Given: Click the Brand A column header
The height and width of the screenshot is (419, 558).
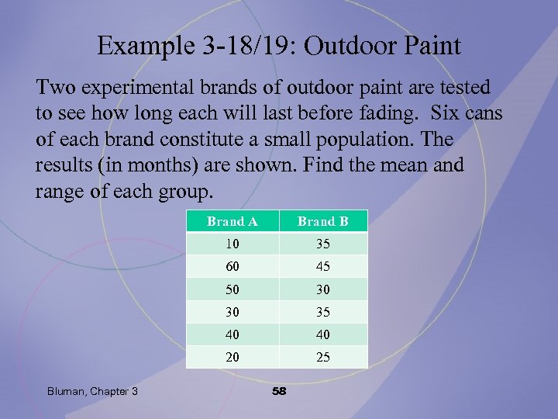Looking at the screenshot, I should click(232, 221).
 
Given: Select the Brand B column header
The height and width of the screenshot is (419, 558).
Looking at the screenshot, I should click(323, 221).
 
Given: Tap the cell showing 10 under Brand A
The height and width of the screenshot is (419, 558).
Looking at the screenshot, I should click(232, 244).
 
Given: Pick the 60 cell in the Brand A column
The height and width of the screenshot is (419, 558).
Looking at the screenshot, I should click(232, 266).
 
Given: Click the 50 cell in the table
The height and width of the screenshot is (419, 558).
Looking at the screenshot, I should click(232, 289).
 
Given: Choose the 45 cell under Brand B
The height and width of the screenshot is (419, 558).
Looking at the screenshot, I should click(323, 266).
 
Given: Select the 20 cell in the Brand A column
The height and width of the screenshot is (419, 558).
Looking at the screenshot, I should click(232, 357).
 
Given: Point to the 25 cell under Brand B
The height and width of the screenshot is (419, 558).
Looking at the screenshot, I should click(323, 357).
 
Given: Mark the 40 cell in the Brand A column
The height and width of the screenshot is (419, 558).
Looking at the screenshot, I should click(232, 334).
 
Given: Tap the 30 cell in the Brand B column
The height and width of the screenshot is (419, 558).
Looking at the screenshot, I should click(323, 289).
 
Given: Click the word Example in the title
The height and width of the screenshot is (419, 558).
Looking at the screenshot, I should click(148, 47).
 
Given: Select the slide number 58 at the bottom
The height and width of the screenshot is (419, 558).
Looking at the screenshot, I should click(279, 391).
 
